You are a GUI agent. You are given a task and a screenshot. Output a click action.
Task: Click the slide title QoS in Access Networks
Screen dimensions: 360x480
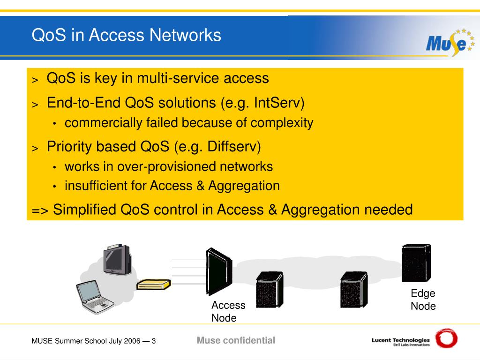pyautogui.click(x=126, y=35)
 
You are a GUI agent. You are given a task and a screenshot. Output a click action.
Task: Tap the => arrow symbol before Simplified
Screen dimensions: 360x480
pyautogui.click(x=40, y=210)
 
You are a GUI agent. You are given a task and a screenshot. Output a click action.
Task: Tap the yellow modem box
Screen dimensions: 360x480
pyautogui.click(x=153, y=284)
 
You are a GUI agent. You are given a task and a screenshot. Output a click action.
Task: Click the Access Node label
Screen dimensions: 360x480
pyautogui.click(x=228, y=311)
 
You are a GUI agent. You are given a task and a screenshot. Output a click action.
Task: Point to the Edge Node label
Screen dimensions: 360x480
pyautogui.click(x=423, y=300)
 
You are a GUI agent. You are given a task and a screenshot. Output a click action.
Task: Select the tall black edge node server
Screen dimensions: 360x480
pyautogui.click(x=415, y=263)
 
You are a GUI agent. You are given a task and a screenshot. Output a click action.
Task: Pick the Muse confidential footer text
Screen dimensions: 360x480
pyautogui.click(x=236, y=340)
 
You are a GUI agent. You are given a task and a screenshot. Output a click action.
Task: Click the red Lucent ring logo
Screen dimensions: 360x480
pyautogui.click(x=446, y=338)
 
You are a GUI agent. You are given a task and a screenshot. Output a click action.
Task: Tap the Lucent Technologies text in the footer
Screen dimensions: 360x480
pyautogui.click(x=400, y=340)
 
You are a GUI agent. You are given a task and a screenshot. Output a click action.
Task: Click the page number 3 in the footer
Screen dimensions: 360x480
pyautogui.click(x=153, y=341)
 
